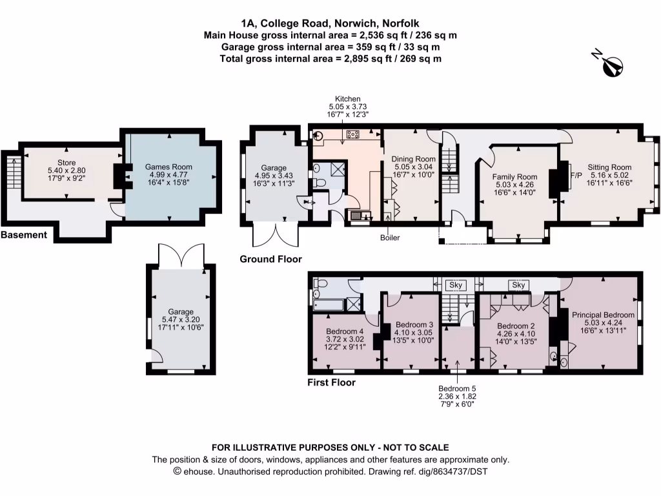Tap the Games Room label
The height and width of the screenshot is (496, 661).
168,167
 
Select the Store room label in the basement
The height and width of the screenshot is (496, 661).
66,163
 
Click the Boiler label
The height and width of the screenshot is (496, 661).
389,238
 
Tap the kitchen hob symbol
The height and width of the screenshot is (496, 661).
353,134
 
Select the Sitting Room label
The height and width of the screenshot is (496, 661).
609,167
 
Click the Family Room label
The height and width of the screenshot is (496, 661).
514,177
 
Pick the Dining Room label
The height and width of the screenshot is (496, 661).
414,159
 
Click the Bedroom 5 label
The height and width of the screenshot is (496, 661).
457,388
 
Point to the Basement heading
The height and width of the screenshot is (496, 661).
24,235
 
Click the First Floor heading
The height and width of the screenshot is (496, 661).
331,382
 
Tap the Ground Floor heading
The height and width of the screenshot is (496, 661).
270,259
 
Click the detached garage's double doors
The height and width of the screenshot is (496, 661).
181,256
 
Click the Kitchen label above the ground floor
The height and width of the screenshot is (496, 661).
347,99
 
